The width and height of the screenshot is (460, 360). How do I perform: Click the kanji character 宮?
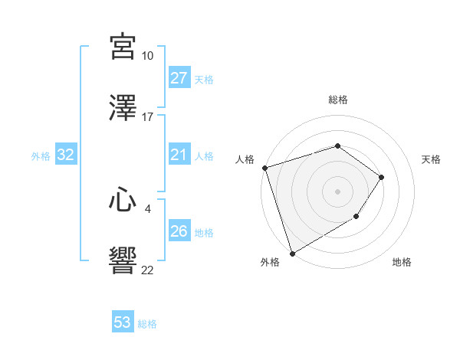click(x=123, y=47)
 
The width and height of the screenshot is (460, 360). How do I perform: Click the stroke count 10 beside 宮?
click(x=147, y=56)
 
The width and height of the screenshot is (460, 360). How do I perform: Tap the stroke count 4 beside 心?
click(x=147, y=208)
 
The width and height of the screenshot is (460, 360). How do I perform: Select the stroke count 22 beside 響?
click(x=147, y=269)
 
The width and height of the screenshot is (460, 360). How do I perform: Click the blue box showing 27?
click(x=179, y=79)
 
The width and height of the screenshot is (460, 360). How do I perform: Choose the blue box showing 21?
click(x=179, y=155)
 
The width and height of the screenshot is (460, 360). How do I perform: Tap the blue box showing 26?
click(x=179, y=231)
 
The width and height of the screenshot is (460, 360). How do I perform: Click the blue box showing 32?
click(x=66, y=155)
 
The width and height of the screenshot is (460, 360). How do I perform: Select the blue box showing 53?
click(x=123, y=322)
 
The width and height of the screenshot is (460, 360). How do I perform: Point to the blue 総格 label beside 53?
click(x=147, y=324)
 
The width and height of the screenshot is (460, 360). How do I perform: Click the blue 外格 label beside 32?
click(x=41, y=156)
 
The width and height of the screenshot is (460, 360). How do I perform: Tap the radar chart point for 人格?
click(x=264, y=168)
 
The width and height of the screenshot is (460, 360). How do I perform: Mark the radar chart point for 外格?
click(x=292, y=253)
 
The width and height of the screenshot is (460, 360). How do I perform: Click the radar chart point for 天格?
click(x=381, y=177)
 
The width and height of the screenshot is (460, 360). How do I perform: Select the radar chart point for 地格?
click(x=356, y=217)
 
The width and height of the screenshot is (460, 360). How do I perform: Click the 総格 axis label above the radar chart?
click(x=337, y=100)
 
